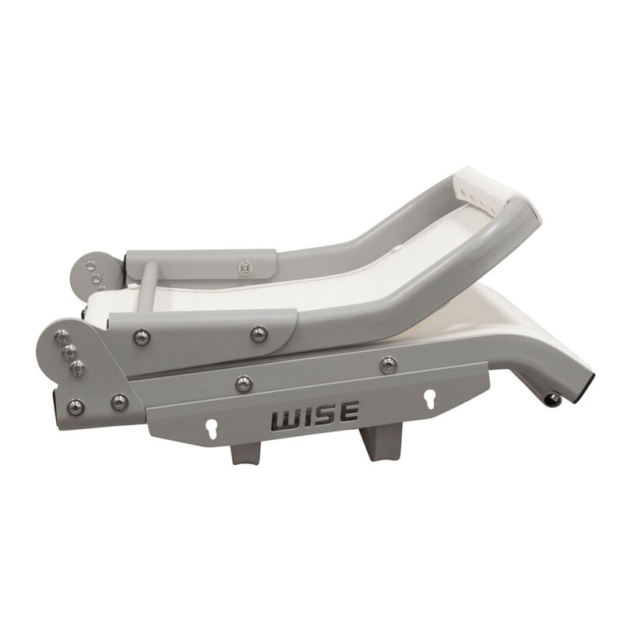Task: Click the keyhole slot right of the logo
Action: [x=428, y=397]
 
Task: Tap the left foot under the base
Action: [x=244, y=452]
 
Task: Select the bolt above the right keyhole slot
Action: [x=387, y=364]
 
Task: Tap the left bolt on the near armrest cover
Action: [x=141, y=337]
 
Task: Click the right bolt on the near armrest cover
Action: [x=259, y=334]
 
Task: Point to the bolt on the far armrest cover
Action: [x=246, y=268]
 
